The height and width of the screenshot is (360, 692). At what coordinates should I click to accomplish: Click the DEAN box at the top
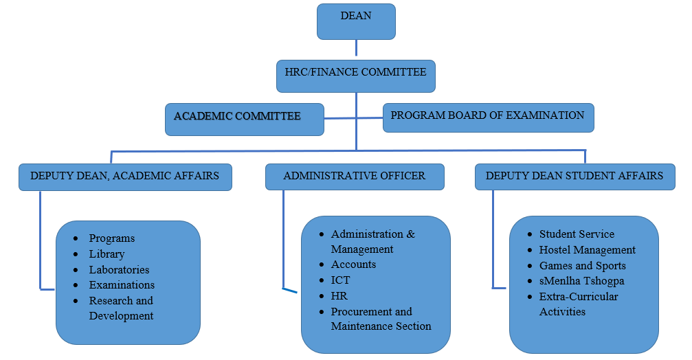pyautogui.click(x=356, y=21)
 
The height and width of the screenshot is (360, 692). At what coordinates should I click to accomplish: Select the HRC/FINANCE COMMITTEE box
pyautogui.click(x=355, y=76)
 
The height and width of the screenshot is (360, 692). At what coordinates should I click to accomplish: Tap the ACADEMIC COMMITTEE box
pyautogui.click(x=244, y=119)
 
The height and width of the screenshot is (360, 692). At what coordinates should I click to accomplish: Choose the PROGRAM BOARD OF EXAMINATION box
pyautogui.click(x=488, y=117)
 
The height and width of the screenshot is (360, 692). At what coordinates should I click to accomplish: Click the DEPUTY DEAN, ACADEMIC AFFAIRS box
pyautogui.click(x=124, y=177)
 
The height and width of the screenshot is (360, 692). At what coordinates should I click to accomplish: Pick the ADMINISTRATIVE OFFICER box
pyautogui.click(x=355, y=177)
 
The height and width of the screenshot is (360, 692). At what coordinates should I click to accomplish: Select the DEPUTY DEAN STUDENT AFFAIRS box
pyautogui.click(x=574, y=177)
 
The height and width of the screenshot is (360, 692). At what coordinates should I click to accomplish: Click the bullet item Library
pyautogui.click(x=107, y=254)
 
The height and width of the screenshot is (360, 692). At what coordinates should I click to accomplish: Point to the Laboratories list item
pyautogui.click(x=119, y=270)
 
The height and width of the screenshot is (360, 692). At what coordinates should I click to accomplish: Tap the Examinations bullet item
pyautogui.click(x=122, y=285)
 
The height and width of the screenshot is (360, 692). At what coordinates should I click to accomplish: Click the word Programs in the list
pyautogui.click(x=112, y=238)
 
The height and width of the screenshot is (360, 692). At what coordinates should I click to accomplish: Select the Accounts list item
pyautogui.click(x=353, y=265)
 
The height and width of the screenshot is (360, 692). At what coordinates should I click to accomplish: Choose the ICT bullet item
pyautogui.click(x=340, y=280)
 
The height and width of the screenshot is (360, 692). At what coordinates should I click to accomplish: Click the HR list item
pyautogui.click(x=339, y=296)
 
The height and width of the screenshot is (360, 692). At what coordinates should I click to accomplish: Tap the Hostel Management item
pyautogui.click(x=587, y=250)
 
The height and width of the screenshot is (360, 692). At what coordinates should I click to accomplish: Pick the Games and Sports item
pyautogui.click(x=582, y=266)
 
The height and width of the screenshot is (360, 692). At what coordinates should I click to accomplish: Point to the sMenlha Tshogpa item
pyautogui.click(x=581, y=281)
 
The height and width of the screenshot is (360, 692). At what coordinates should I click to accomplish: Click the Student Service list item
pyautogui.click(x=577, y=234)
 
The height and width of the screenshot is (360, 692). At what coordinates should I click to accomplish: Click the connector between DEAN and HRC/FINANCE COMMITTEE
pyautogui.click(x=356, y=48)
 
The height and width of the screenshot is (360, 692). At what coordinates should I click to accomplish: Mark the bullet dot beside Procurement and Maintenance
pyautogui.click(x=321, y=312)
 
